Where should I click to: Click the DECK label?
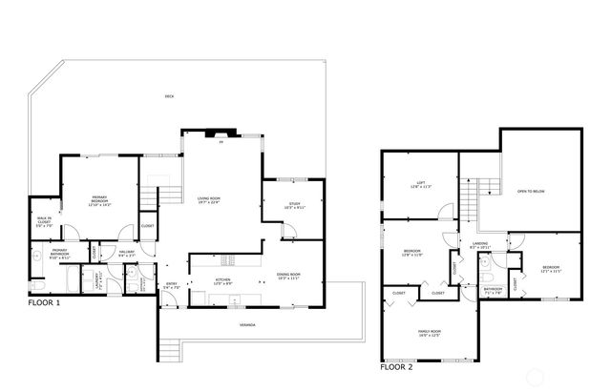(x=169, y=97)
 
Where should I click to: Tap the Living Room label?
(x=209, y=200)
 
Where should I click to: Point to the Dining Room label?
(x=288, y=277)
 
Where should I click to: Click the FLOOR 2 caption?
(x=397, y=365)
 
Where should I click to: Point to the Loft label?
(x=420, y=185)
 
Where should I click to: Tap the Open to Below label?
(x=532, y=191)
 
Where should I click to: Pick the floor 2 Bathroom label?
(x=494, y=290)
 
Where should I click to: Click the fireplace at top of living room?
(x=221, y=135)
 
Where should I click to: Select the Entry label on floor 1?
(x=172, y=283)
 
